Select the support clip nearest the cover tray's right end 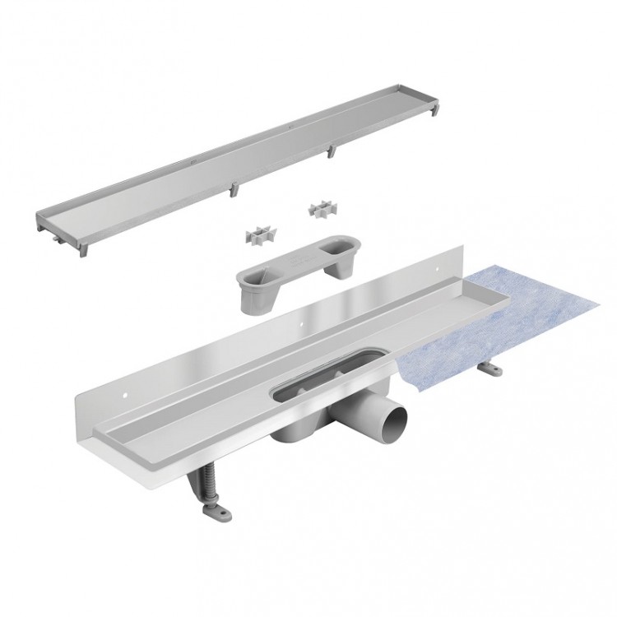click(x=333, y=151)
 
